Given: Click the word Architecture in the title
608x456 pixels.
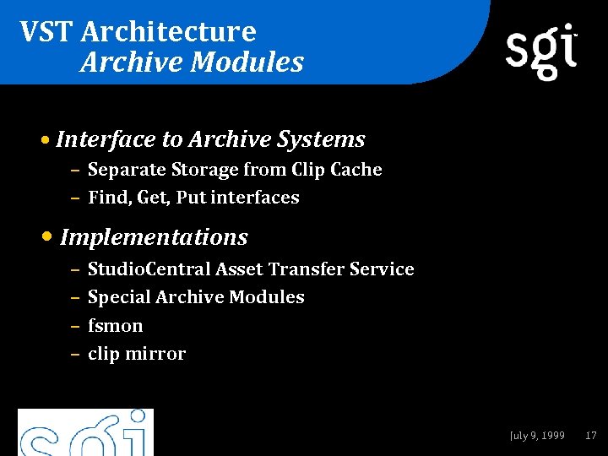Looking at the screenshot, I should pos(169,32).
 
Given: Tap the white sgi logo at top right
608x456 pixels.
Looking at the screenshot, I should pos(541,51).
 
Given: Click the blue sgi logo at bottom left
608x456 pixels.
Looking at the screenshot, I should pos(85,433).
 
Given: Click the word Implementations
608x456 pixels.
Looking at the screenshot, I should pos(155,237).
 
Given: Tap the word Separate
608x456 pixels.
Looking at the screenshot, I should pos(127,170).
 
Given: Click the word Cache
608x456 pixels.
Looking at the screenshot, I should pos(356,170).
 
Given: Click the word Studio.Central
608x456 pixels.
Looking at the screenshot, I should pos(149,269).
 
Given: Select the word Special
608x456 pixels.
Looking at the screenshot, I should pos(119,297).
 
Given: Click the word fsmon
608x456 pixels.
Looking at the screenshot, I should pos(115,326).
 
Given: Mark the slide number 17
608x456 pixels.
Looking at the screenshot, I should pos(590,436).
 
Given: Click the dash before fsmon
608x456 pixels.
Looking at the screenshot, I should pos(74,326).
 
